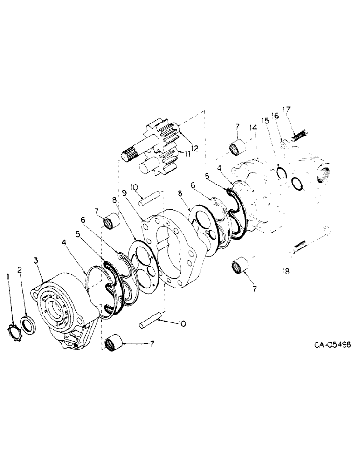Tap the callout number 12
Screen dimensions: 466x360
coord(194,149)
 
